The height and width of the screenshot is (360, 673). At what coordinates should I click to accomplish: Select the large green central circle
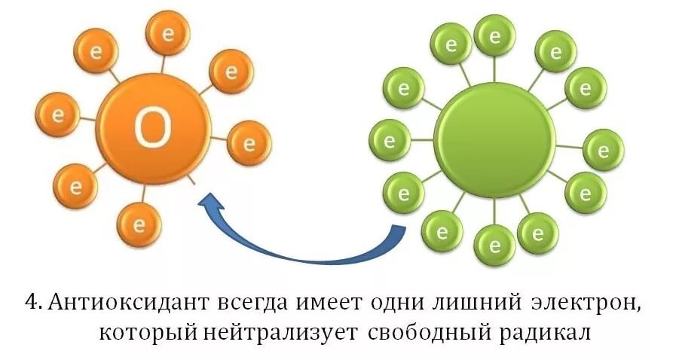494,139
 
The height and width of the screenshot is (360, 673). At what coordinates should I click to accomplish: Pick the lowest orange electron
138,224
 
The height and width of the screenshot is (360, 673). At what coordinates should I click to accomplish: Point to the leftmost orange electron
57,115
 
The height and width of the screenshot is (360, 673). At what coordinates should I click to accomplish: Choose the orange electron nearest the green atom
249,142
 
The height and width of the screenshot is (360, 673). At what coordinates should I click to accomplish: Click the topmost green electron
494,35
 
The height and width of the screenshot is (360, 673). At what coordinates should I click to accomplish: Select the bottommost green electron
494,246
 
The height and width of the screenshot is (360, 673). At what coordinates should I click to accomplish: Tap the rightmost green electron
604,150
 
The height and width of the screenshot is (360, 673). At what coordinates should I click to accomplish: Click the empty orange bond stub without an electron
194,181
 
